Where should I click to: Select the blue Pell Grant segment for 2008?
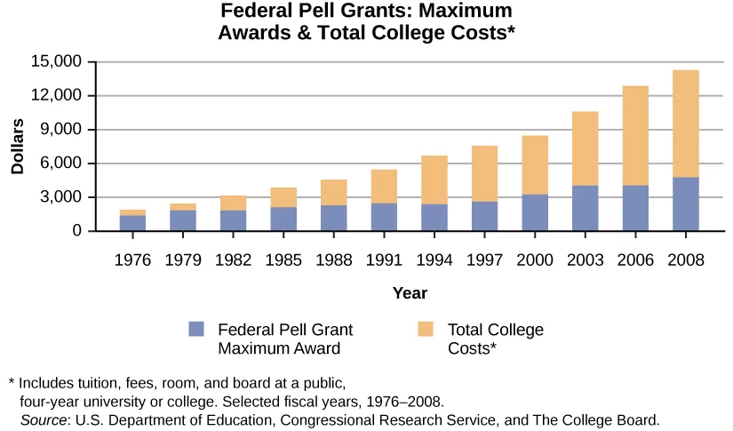pos(685,204)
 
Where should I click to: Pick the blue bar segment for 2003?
pos(585,208)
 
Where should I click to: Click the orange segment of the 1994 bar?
pos(434,180)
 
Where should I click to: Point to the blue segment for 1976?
pos(132,223)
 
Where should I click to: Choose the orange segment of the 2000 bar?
pos(534,164)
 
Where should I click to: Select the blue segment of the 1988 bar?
pos(333,218)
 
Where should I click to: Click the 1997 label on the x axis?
pos(484,261)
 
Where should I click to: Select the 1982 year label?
pos(233,261)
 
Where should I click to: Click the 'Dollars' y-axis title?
pos(17,146)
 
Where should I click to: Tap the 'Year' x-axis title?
pos(410,292)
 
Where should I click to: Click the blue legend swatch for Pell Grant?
pos(196,328)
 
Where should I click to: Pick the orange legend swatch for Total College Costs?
pos(426,328)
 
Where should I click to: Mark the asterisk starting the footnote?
pos(12,383)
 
